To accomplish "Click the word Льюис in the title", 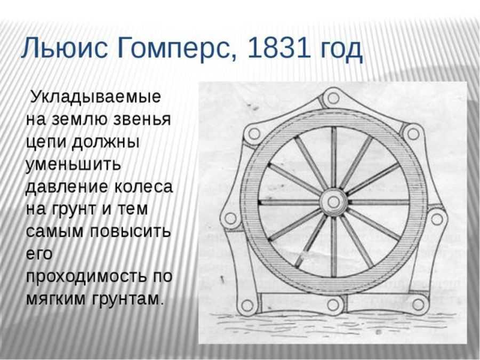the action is [x=65, y=48].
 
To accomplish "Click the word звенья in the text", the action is [x=142, y=119].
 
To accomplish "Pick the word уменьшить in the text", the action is [x=74, y=165].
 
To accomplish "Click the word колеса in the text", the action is [x=143, y=187].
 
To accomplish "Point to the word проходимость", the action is [x=85, y=276].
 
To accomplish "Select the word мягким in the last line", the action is [x=55, y=299].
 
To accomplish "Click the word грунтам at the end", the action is [x=126, y=299].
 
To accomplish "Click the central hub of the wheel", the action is [x=333, y=202].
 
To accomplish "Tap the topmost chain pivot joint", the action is [x=333, y=98].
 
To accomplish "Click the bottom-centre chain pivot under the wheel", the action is [x=333, y=305].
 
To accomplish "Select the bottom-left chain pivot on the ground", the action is [x=247, y=305].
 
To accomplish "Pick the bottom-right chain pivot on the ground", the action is [x=418, y=305].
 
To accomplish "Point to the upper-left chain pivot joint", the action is [x=254, y=134].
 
